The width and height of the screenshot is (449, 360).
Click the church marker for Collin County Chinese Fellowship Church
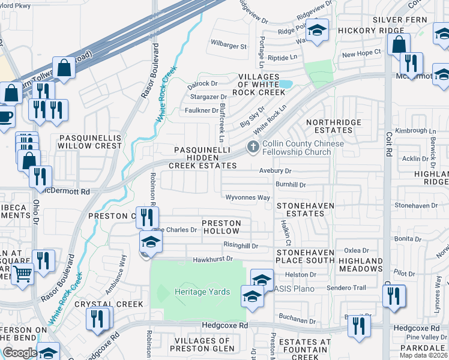click(x=253, y=146)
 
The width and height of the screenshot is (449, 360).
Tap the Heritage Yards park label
click(x=202, y=292)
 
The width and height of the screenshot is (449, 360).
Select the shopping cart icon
click(x=22, y=274)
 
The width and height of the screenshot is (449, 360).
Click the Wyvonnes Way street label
click(x=247, y=197)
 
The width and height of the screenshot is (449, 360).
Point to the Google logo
click(x=19, y=353)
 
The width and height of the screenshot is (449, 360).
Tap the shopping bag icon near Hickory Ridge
click(x=399, y=44)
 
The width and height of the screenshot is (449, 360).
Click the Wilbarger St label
click(x=228, y=46)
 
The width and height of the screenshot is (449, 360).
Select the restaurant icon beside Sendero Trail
click(x=394, y=297)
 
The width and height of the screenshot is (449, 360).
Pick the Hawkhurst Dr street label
click(x=212, y=259)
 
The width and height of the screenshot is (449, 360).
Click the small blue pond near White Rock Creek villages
click(x=285, y=84)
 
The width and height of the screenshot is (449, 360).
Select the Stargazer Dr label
click(x=208, y=97)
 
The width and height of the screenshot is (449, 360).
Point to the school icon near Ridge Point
click(x=317, y=29)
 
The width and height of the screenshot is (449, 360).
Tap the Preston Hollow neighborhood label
click(x=221, y=227)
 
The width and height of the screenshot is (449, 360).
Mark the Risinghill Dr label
click(x=240, y=246)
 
